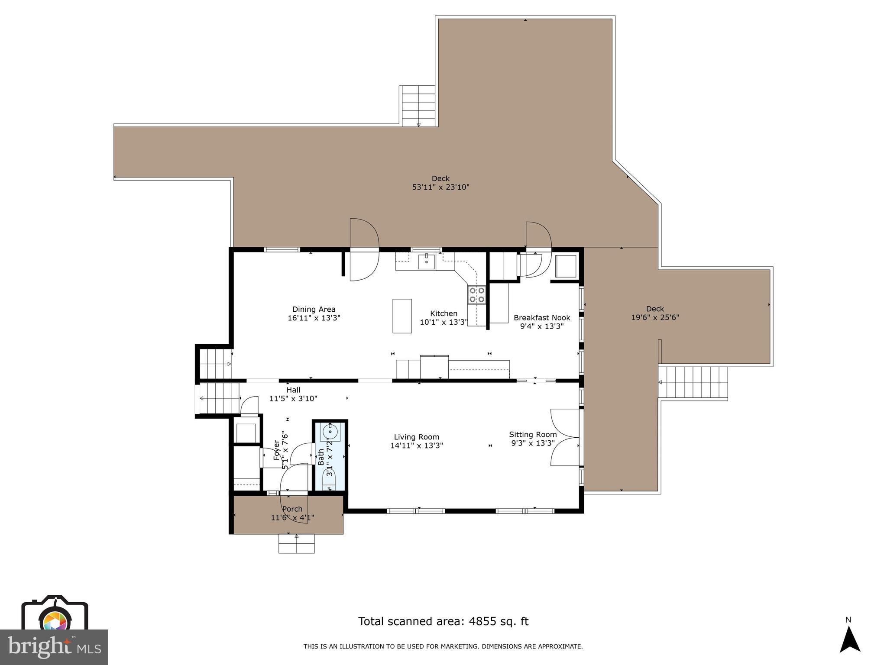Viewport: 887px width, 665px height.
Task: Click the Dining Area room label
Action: (x=314, y=310)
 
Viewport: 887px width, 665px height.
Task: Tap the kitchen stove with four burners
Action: (x=476, y=295)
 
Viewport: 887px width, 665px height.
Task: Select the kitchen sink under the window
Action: (x=427, y=261)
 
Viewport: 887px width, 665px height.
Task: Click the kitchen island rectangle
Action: (x=402, y=316)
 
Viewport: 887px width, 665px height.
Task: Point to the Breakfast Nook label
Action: (x=542, y=318)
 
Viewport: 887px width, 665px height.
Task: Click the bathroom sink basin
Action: (x=330, y=431)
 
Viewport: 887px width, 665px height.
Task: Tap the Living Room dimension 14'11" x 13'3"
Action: (x=417, y=445)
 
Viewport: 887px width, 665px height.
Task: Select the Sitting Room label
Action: (x=533, y=435)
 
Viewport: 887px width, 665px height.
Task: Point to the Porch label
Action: (x=292, y=509)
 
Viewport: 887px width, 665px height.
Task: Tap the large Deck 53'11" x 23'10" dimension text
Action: (x=440, y=187)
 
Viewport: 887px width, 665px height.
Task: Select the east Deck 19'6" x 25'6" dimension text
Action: (x=655, y=317)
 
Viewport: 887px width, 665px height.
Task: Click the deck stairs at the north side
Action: (x=418, y=106)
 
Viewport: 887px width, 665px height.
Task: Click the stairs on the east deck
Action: (x=693, y=382)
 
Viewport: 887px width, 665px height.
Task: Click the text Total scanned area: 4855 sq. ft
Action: (x=443, y=621)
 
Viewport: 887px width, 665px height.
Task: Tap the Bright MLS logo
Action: (x=54, y=646)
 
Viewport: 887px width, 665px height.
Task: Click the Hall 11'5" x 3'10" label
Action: (x=293, y=394)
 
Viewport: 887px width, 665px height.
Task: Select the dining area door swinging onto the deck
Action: (x=364, y=250)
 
